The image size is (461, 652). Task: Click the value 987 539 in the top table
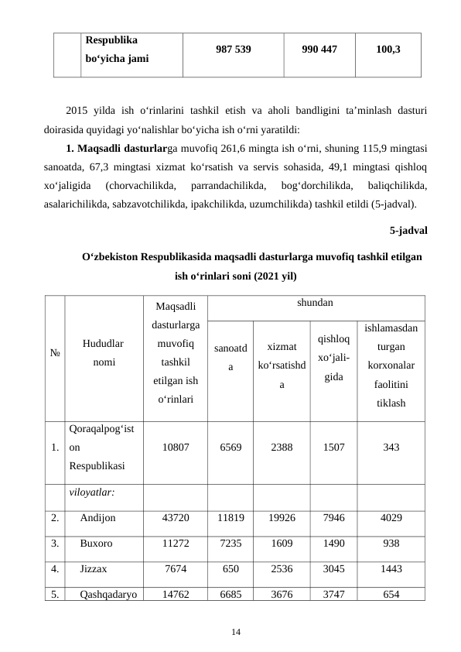click(233, 48)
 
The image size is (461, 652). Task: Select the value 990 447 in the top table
click(319, 48)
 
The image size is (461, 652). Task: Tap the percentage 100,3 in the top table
click(388, 48)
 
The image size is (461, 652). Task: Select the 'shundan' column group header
click(316, 306)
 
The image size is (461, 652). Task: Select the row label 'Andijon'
click(98, 517)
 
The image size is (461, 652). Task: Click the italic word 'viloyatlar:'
click(92, 491)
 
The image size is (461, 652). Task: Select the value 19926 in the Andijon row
click(281, 517)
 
